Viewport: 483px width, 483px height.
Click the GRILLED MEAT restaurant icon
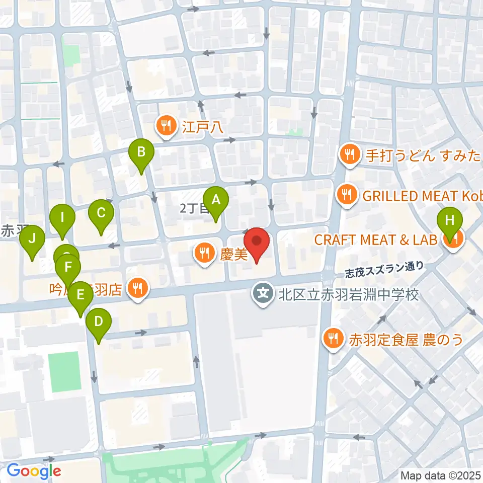click(x=347, y=196)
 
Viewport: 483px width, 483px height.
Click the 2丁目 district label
click(x=191, y=209)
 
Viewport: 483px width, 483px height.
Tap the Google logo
click(x=34, y=471)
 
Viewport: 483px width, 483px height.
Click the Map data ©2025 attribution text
click(x=440, y=475)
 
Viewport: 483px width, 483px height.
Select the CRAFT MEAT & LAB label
click(x=375, y=239)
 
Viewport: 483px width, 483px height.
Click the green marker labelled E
click(x=80, y=297)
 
